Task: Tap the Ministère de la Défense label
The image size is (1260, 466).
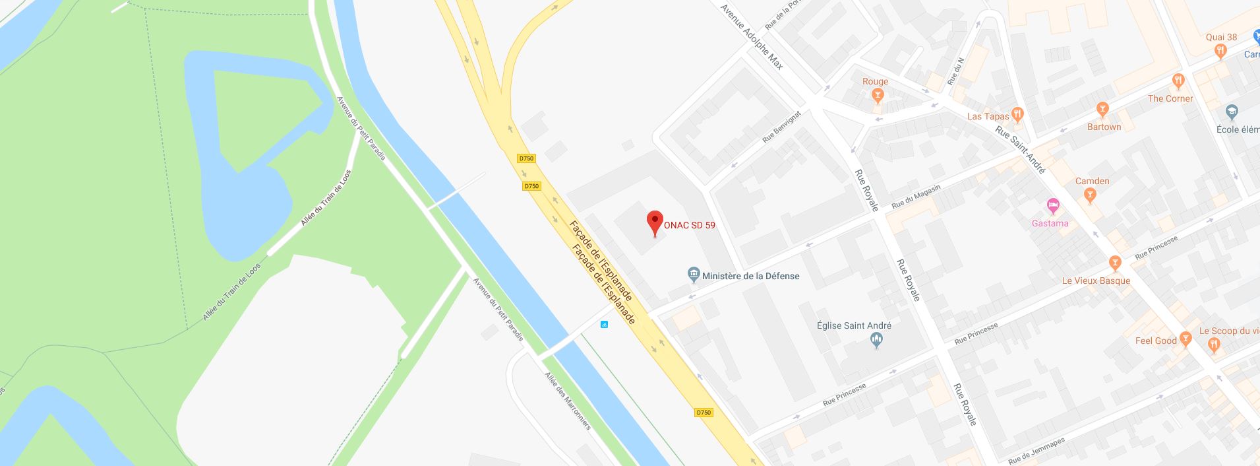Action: coord(750,276)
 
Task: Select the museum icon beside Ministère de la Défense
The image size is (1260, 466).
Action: coord(693,275)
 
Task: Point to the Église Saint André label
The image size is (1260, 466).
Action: coord(854,325)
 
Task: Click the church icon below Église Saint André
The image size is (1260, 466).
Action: coord(876,341)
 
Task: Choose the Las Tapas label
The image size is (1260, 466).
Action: coord(988,116)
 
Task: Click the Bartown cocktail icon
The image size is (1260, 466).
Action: coord(1102,110)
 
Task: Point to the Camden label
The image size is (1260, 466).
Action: coord(1092,181)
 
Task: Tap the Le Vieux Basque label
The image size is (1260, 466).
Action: coord(1096,281)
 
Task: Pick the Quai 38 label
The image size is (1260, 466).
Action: coord(1221,38)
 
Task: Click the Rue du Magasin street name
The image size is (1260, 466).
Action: coord(916,197)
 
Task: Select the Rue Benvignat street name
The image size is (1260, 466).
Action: coord(781,127)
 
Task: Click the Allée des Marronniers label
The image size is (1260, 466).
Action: coord(568,401)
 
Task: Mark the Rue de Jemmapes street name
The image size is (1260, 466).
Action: coord(1036,450)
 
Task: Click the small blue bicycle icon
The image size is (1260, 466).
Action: coord(604,324)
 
